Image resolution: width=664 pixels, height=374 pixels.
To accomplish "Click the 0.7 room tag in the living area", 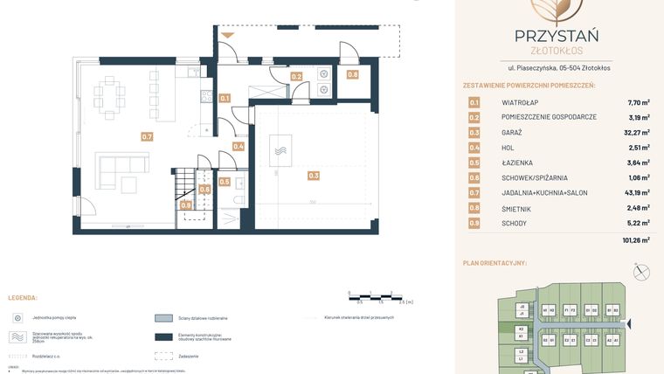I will click(147, 136).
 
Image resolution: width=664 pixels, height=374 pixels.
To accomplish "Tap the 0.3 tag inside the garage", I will click(314, 176).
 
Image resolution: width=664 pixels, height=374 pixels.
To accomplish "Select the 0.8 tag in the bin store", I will click(352, 75).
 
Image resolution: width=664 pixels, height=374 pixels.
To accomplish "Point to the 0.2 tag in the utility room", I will click(296, 77).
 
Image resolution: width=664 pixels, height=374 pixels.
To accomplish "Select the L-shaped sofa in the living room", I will click(117, 169).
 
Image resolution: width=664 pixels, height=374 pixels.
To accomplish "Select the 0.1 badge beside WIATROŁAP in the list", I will click(474, 101).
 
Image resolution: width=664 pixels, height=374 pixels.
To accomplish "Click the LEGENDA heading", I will click(22, 298).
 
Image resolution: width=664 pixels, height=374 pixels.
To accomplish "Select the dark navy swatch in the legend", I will click(163, 337).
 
